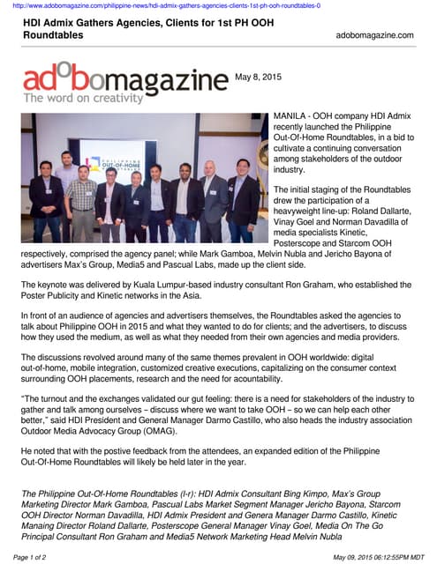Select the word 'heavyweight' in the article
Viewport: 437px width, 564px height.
[x=306, y=212]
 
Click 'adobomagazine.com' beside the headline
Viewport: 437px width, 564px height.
[x=374, y=35]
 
